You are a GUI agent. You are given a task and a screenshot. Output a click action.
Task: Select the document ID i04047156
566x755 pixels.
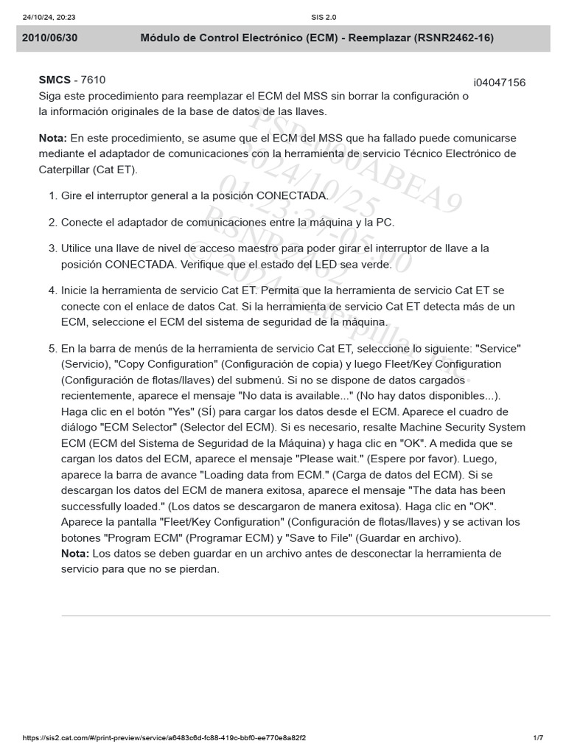coord(500,83)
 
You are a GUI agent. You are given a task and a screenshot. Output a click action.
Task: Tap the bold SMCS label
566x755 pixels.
coord(55,80)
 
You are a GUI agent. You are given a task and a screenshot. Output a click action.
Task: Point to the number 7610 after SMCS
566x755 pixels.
coord(94,80)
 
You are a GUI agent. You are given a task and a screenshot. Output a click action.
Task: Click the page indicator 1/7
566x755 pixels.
coord(538,738)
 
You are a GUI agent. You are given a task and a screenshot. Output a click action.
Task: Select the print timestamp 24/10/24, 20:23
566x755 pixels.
coord(44,17)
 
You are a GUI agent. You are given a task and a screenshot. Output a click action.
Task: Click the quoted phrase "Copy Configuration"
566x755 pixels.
coord(167,364)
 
